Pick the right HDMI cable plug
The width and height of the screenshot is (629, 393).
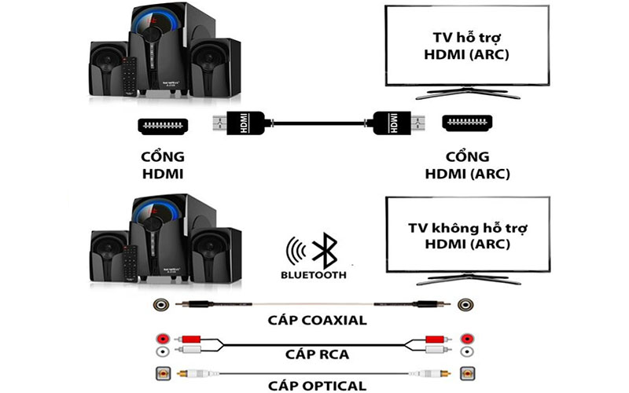pyautogui.click(x=395, y=124)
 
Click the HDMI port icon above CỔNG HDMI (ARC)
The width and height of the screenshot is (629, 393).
pyautogui.click(x=465, y=123)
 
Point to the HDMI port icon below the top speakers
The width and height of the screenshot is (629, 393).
pyautogui.click(x=162, y=124)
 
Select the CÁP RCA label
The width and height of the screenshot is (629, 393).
pyautogui.click(x=313, y=354)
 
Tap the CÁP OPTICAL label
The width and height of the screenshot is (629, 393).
pyautogui.click(x=313, y=385)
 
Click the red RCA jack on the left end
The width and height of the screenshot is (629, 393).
pyautogui.click(x=163, y=336)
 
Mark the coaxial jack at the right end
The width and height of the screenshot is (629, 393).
pyautogui.click(x=467, y=304)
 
